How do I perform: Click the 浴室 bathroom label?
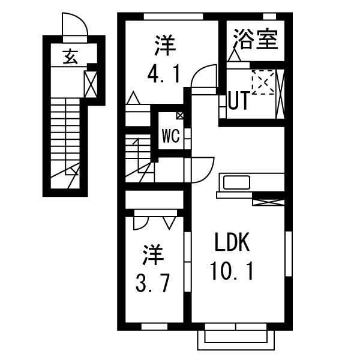pos(255,40)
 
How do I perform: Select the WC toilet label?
pos(170,136)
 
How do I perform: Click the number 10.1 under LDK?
pos(232,274)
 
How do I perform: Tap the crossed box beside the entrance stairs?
pos(91,84)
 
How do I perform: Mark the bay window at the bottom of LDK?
pos(235,338)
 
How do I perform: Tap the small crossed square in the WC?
pos(179,116)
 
